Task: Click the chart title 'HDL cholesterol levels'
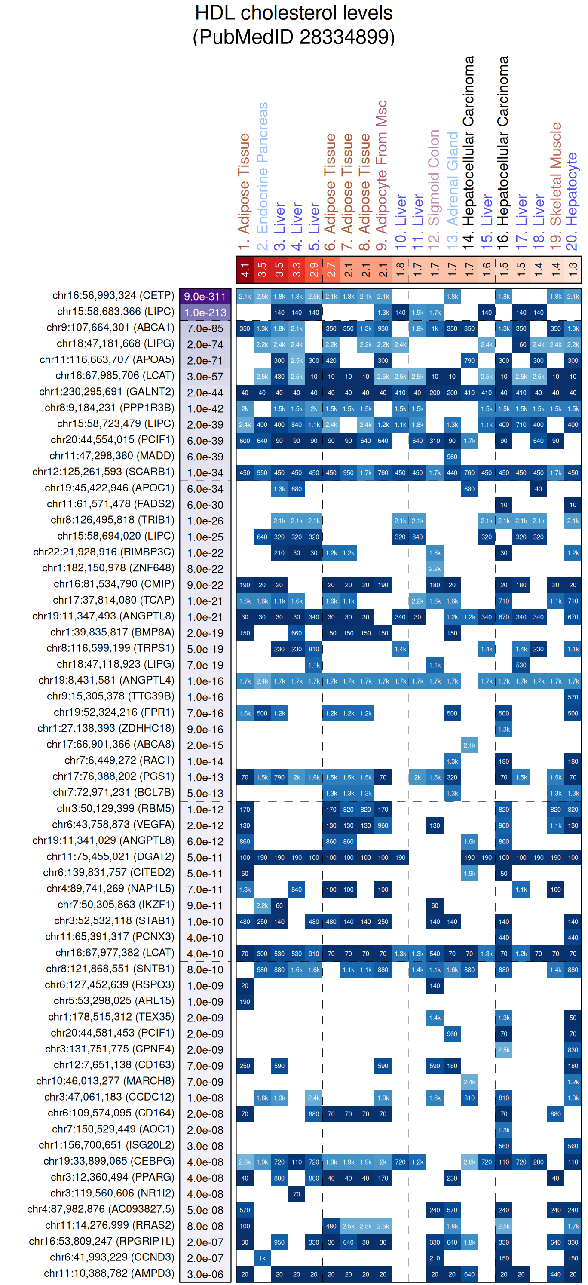click(293, 13)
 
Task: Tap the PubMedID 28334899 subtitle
click(293, 37)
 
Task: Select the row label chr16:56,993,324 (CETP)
click(113, 296)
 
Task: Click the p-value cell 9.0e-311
click(205, 296)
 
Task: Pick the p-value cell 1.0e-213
click(205, 312)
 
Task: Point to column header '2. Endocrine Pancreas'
click(262, 175)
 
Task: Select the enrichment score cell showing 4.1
click(245, 270)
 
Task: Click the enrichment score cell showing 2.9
click(314, 270)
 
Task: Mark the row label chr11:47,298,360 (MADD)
click(112, 456)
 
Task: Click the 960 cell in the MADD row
click(452, 457)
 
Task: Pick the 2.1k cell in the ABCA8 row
click(469, 745)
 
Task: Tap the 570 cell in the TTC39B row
click(573, 697)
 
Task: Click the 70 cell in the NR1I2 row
click(297, 1194)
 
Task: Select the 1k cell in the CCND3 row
click(262, 1258)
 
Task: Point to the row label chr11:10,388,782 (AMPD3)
click(109, 1273)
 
